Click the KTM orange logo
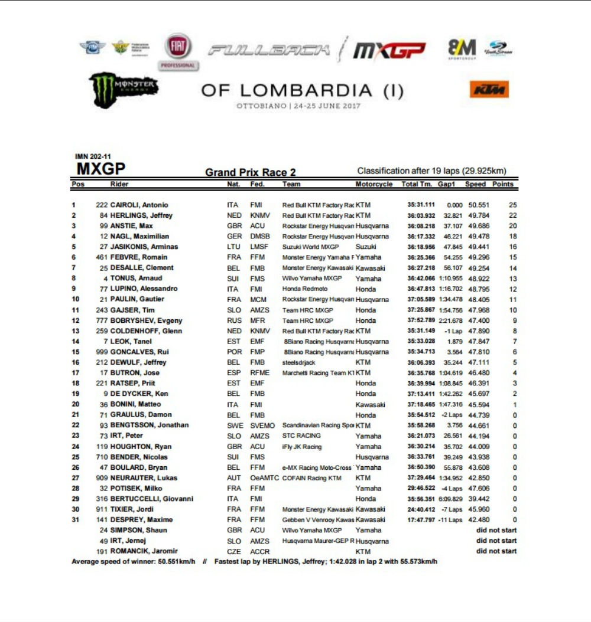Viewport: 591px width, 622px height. pos(489,90)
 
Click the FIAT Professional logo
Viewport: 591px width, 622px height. pos(177,51)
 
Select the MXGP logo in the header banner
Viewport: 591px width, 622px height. pos(389,51)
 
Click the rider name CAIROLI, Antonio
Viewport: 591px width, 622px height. pos(139,205)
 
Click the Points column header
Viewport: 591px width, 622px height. pos(502,184)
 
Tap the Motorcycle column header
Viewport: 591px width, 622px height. pos(374,184)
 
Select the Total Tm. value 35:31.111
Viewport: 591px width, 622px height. pos(417,205)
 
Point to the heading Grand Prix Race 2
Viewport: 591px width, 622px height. pos(251,172)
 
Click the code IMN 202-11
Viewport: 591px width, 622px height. pos(93,156)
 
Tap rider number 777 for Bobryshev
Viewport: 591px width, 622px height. pos(101,320)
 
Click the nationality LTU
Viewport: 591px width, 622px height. pos(235,247)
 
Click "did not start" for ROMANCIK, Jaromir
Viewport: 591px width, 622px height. pos(496,551)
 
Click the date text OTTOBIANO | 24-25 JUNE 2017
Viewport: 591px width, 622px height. pos(298,106)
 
